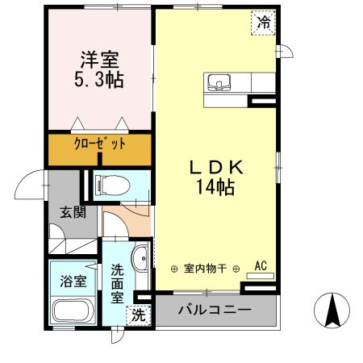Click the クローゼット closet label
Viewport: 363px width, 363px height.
point(100,146)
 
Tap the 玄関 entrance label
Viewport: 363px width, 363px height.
point(72,214)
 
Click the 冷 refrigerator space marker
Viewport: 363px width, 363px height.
point(263,23)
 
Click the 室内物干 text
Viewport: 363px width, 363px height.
point(204,269)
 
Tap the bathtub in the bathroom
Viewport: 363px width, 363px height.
point(73,313)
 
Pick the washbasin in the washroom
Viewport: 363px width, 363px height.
point(140,260)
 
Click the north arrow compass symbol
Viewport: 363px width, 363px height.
point(332,311)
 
